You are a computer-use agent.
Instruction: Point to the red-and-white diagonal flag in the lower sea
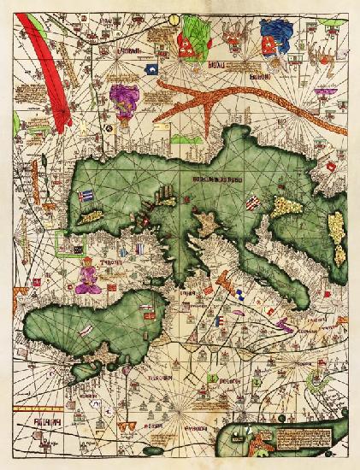point(86,329)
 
